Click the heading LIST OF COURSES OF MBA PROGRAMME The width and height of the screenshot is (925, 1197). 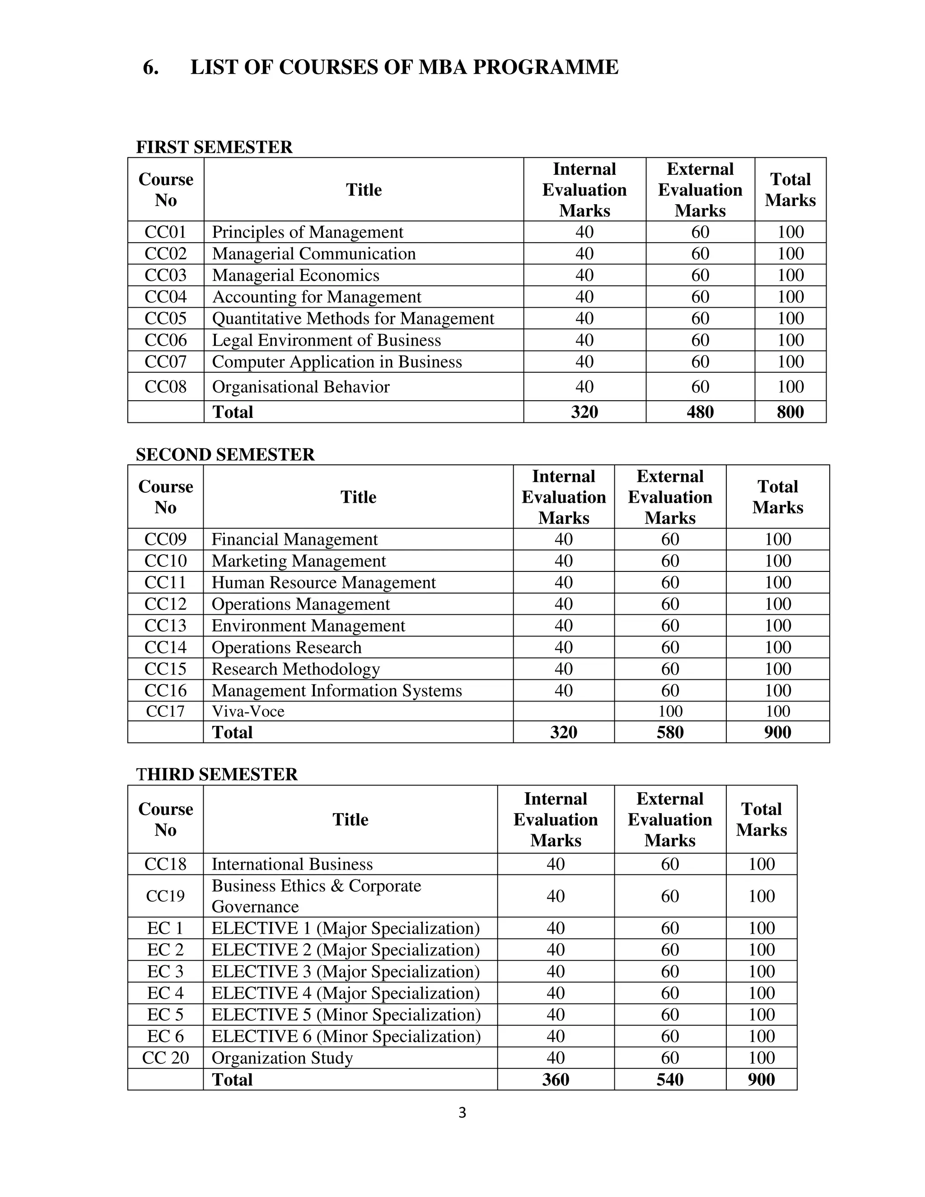(x=404, y=67)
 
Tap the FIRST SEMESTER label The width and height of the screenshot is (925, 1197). (x=214, y=147)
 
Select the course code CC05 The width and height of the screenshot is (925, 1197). (x=165, y=318)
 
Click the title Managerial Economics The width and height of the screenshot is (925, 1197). (x=295, y=275)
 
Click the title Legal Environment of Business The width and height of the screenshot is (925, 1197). (x=326, y=341)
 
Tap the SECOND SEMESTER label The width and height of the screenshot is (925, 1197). (x=225, y=454)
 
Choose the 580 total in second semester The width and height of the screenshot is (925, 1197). (x=670, y=732)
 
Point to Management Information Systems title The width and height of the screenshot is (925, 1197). (x=336, y=691)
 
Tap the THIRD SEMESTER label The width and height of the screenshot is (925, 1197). (x=216, y=774)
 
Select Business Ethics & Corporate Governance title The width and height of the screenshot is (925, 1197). (x=316, y=896)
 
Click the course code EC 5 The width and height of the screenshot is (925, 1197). (x=165, y=1015)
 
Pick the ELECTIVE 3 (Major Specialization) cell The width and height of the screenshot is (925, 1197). (x=345, y=971)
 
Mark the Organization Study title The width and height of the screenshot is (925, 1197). (x=282, y=1058)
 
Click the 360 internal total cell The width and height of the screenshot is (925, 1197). (x=555, y=1079)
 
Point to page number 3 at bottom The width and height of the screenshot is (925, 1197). (x=462, y=1112)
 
